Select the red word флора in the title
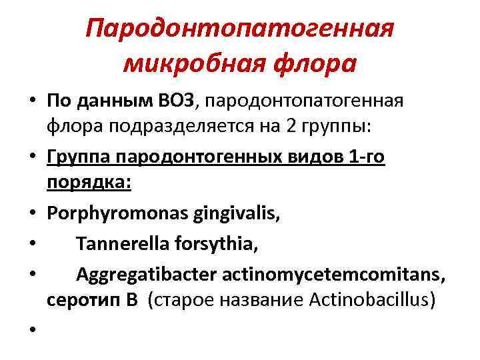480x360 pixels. (x=309, y=64)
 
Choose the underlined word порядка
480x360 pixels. (x=89, y=183)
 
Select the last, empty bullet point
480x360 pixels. (x=31, y=331)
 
